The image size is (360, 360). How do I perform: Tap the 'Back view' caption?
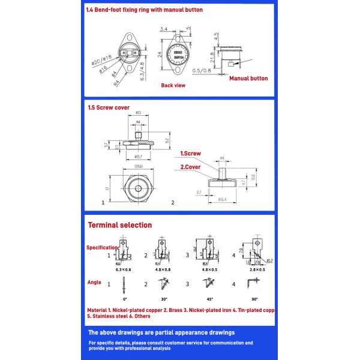coord(173,86)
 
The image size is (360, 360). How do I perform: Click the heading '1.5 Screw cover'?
coord(108,108)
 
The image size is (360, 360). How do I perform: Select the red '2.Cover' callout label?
coord(190,167)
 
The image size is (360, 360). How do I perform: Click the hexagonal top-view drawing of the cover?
coord(138,188)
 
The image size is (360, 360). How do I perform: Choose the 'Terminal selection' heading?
coord(120,225)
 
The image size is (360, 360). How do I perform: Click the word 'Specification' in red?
coord(101,247)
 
